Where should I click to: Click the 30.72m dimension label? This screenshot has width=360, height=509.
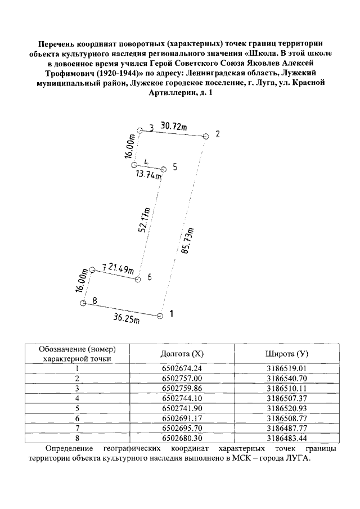click(x=174, y=127)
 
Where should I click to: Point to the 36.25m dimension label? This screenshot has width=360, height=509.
click(x=127, y=318)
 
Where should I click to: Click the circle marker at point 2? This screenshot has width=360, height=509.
click(x=206, y=136)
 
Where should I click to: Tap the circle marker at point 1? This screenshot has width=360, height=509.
click(x=160, y=316)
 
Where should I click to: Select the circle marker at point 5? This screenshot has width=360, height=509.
click(x=164, y=169)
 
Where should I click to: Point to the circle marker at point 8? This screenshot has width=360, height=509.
click(x=83, y=304)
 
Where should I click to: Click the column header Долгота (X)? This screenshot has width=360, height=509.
click(x=182, y=354)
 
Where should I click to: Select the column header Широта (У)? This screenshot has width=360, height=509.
click(x=287, y=354)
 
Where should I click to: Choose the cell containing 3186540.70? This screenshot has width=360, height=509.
click(x=287, y=378)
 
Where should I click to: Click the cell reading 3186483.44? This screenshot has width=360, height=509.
click(x=287, y=436)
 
